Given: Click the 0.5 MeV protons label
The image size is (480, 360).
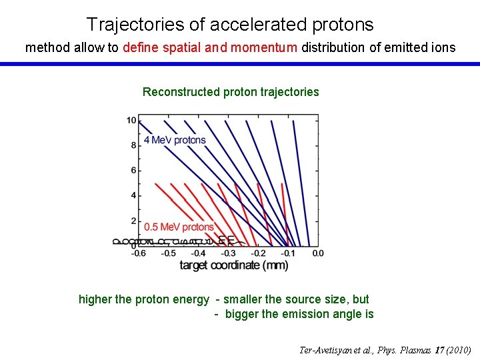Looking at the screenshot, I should pyautogui.click(x=179, y=227).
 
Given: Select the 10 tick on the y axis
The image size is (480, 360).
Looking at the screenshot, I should pyautogui.click(x=131, y=120).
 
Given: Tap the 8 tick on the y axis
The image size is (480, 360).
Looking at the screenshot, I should pyautogui.click(x=134, y=145).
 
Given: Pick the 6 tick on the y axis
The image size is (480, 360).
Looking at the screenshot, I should pyautogui.click(x=134, y=170).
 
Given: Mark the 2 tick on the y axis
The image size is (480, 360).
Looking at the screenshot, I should pyautogui.click(x=134, y=221).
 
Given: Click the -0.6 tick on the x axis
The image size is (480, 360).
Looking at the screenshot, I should pyautogui.click(x=139, y=253).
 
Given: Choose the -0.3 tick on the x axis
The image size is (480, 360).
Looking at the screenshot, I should pyautogui.click(x=229, y=253).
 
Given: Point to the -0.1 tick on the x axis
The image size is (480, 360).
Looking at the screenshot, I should pyautogui.click(x=288, y=253).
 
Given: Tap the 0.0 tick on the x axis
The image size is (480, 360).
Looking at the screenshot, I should pyautogui.click(x=317, y=253).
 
